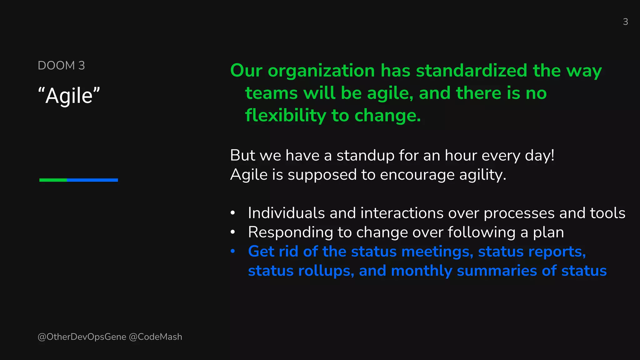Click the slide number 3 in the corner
[x=625, y=22]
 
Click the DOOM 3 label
[x=61, y=66]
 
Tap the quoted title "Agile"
[x=69, y=96]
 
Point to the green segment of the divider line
[x=53, y=180]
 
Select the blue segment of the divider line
[x=92, y=180]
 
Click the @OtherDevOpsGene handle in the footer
[x=82, y=337]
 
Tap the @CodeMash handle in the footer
[x=156, y=337]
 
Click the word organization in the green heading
[x=321, y=71]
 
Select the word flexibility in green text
[x=286, y=116]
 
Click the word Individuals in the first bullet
[x=286, y=213]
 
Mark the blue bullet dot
[x=232, y=251]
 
